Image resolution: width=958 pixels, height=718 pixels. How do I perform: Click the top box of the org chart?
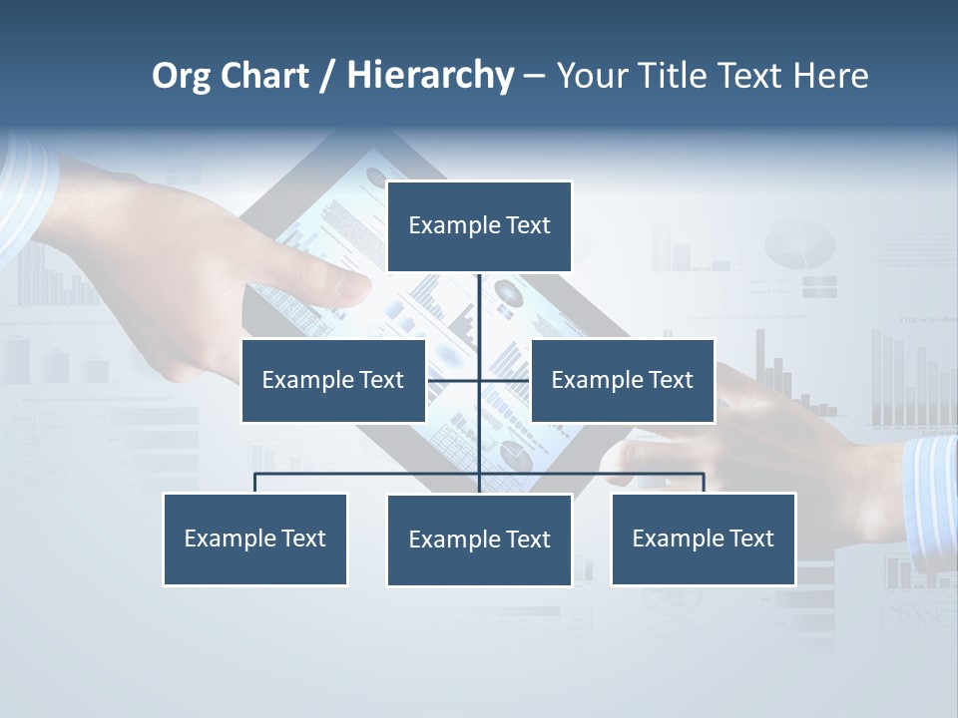479,226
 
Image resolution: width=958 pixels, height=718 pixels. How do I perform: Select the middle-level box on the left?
333,380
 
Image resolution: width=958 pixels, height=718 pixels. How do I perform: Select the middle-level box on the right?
622,380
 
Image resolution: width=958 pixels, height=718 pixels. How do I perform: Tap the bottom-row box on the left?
255,538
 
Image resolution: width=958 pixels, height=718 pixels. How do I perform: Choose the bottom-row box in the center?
479,539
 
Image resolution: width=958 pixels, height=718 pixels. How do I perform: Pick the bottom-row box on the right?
703,538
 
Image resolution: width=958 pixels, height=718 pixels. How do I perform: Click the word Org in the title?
180,76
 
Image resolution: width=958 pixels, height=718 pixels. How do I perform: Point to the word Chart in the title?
263,76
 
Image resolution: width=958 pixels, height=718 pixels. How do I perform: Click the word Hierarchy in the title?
429,76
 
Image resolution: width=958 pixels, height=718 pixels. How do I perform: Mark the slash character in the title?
327,77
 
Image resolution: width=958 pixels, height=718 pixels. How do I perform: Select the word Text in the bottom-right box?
750,538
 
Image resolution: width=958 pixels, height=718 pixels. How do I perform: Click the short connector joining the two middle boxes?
479,380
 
